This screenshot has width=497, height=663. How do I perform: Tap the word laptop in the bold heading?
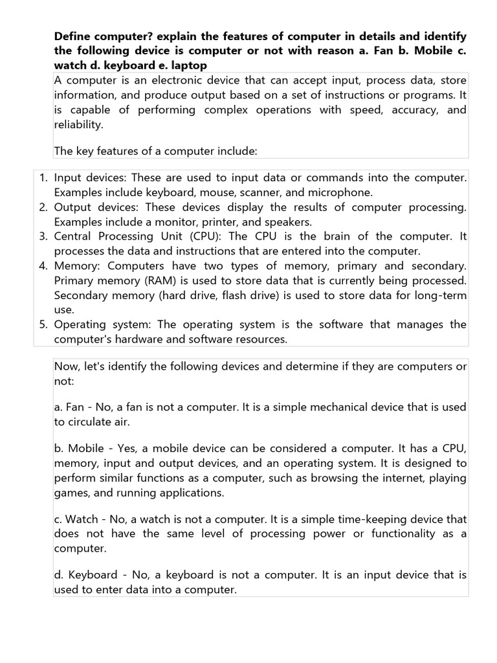pyautogui.click(x=189, y=66)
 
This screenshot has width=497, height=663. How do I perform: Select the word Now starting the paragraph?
pyautogui.click(x=67, y=366)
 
